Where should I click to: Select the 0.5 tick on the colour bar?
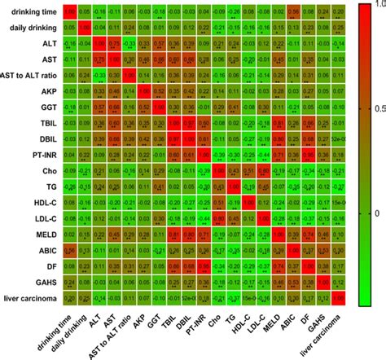(x=371, y=108)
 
